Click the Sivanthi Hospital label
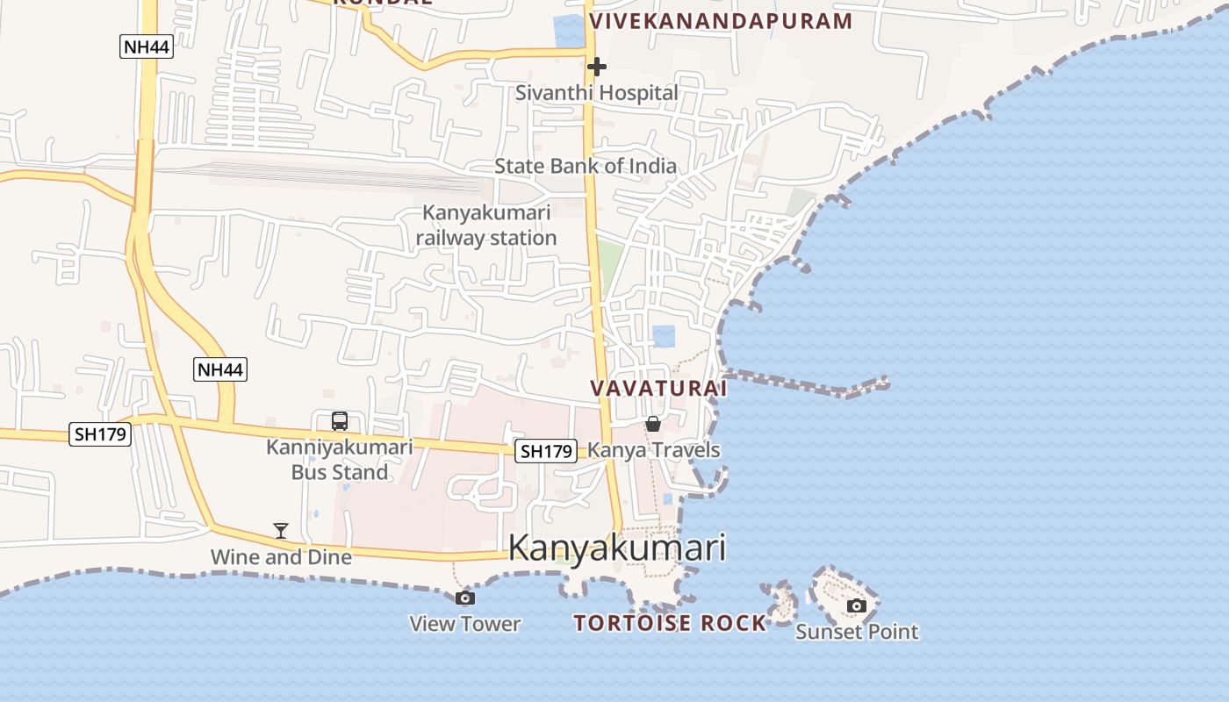596,92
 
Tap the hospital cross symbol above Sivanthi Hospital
596,66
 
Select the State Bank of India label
585,166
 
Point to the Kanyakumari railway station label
486,225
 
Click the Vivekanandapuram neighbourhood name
721,21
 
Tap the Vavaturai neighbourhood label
658,388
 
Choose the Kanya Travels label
653,450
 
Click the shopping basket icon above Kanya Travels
653,424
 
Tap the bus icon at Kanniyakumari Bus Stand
340,421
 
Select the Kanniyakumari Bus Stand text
340,459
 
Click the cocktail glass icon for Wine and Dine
281,530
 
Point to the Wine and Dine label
281,556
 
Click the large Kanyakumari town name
617,548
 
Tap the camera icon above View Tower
465,598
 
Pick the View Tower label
465,624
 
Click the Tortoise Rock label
670,623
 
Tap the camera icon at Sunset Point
857,605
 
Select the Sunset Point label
857,631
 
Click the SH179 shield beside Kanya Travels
546,451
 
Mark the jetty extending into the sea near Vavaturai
808,383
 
